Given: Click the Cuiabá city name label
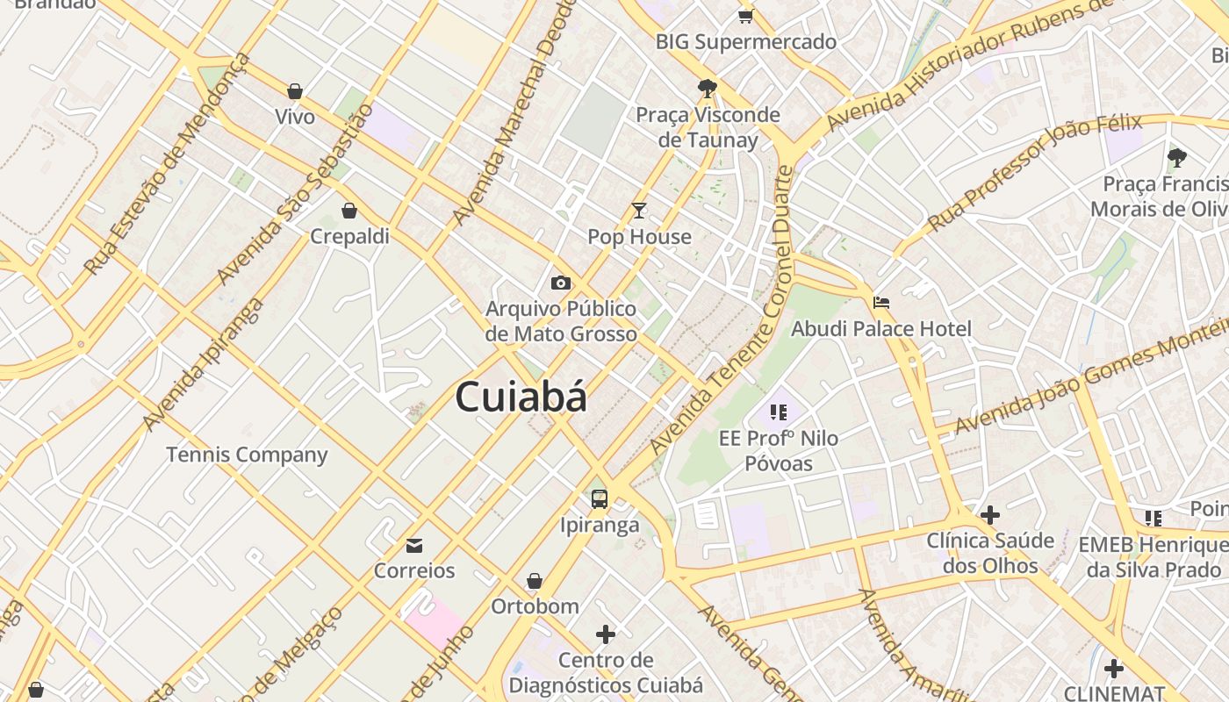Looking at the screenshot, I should [x=521, y=397].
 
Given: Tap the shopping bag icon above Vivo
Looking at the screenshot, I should [x=295, y=91].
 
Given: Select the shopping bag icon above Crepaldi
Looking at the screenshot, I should [x=349, y=211].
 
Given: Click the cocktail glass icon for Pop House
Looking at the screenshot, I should [x=639, y=211].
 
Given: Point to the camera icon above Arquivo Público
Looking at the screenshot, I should [x=561, y=283].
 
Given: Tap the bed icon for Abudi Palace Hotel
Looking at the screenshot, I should [x=881, y=303].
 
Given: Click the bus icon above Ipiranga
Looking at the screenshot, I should [x=600, y=499].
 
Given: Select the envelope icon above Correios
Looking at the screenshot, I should [x=414, y=546].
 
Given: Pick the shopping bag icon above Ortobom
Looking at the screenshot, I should [x=534, y=581].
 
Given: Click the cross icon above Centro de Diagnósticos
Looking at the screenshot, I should [x=606, y=634].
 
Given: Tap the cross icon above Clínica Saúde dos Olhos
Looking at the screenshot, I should [x=990, y=514].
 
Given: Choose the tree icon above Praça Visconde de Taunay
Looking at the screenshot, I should [x=707, y=88].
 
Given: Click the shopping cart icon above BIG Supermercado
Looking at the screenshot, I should [x=745, y=15].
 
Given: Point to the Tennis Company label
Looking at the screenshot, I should [x=247, y=455].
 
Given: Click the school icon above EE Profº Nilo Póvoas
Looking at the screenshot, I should [x=778, y=412].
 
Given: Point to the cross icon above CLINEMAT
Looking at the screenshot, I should [x=1114, y=669].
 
